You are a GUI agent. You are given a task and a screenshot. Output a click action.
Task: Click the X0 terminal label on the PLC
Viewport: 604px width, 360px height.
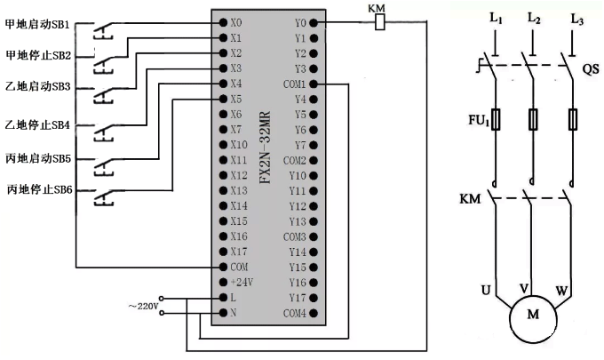pos(235,22)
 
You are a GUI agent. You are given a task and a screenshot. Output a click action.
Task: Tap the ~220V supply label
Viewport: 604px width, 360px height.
pos(143,306)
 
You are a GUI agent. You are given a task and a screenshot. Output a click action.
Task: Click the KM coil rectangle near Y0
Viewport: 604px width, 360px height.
pos(380,22)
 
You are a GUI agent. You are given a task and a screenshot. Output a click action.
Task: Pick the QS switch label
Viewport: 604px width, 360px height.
pos(591,67)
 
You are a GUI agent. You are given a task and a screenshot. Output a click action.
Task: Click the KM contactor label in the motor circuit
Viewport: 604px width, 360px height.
pos(471,198)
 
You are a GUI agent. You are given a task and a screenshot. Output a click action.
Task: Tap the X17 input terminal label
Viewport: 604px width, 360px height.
pos(238,252)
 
